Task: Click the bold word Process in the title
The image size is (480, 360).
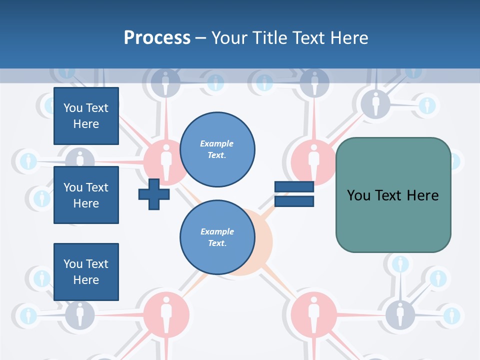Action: (157, 37)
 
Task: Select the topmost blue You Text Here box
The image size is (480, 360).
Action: (86, 116)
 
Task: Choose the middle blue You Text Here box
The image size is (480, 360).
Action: (86, 195)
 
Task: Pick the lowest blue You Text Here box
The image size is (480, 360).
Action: (86, 271)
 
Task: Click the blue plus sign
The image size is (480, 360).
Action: (154, 194)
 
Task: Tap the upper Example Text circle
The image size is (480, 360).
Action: (217, 149)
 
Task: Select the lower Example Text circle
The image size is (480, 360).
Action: (217, 237)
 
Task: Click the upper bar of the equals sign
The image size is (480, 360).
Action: (294, 187)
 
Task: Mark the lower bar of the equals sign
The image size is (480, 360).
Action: (294, 201)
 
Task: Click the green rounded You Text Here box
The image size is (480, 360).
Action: (393, 195)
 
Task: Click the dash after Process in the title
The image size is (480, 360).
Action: (200, 38)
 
